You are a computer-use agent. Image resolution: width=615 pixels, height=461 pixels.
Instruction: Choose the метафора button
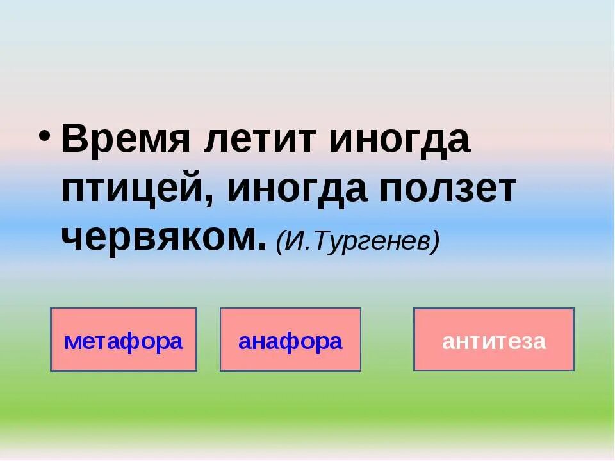[x=124, y=340]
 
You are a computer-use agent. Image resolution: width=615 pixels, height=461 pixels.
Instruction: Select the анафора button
[x=290, y=340]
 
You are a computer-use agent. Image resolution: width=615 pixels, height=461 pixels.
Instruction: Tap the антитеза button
[x=494, y=340]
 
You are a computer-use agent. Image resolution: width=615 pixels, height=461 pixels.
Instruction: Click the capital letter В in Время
[x=75, y=140]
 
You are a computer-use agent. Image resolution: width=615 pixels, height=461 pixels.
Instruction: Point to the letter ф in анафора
[x=298, y=341]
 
